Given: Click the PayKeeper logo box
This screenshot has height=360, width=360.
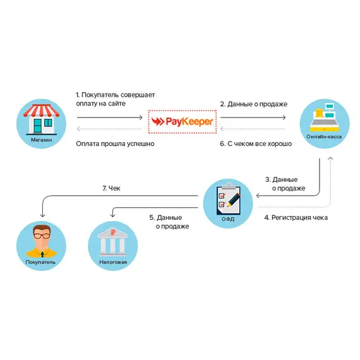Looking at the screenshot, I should (180, 120).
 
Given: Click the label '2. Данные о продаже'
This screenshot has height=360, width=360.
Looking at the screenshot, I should (253, 104).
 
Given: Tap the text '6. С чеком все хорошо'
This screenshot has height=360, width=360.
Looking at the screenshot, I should (256, 144).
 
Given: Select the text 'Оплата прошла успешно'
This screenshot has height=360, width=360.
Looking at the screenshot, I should (115, 144).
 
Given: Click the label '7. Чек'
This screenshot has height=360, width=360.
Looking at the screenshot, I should (111, 188).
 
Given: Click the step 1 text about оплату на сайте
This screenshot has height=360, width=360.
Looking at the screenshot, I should (115, 99).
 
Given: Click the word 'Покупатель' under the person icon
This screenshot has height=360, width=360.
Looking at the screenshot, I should (42, 261).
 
